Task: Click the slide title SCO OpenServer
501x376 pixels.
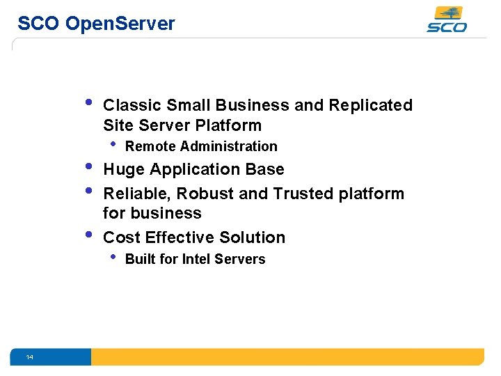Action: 96,24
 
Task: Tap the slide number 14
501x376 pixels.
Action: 29,357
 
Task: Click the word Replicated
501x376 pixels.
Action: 370,105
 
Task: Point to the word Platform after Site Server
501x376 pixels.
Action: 229,125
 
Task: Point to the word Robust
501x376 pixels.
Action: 205,193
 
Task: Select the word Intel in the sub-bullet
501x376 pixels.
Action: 198,259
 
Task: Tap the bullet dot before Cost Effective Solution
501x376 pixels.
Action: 88,235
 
